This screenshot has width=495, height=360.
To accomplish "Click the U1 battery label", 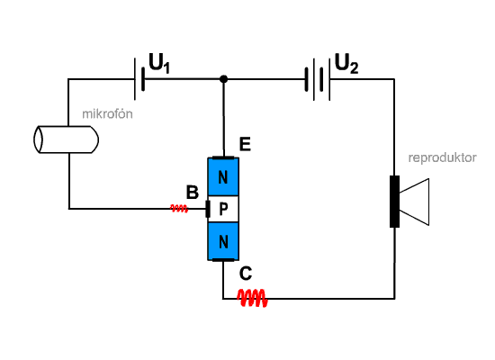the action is coord(159,64).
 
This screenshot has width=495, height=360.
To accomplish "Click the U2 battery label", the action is coord(346,64).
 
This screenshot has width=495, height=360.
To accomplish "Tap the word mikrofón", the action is coord(107,113).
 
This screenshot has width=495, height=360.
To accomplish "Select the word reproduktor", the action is coord(442,157).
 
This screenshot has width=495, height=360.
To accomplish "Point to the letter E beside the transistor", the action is coord(245,144).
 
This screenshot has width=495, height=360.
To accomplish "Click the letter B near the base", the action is coord(193,193).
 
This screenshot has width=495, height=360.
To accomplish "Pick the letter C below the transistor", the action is coord(246,274).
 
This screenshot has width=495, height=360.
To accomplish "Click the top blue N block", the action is coord(223,176).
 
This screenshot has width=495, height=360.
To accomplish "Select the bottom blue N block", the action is coord(223,241).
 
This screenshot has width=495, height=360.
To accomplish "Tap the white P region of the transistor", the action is coord(223,209).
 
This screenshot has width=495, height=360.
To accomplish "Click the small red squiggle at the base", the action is coord(179,209).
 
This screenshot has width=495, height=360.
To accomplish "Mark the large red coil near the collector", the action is coord(252,298).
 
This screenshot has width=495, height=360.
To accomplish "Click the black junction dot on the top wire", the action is coord(223,79).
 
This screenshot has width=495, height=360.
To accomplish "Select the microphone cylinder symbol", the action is coord(67,139).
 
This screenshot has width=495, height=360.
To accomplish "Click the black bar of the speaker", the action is coord(394,202).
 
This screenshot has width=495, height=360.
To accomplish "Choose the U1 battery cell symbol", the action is coord(139,79).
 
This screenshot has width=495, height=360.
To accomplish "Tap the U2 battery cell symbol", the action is coord(318,79).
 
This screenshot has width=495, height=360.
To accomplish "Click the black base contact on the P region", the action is coord(208,209).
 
